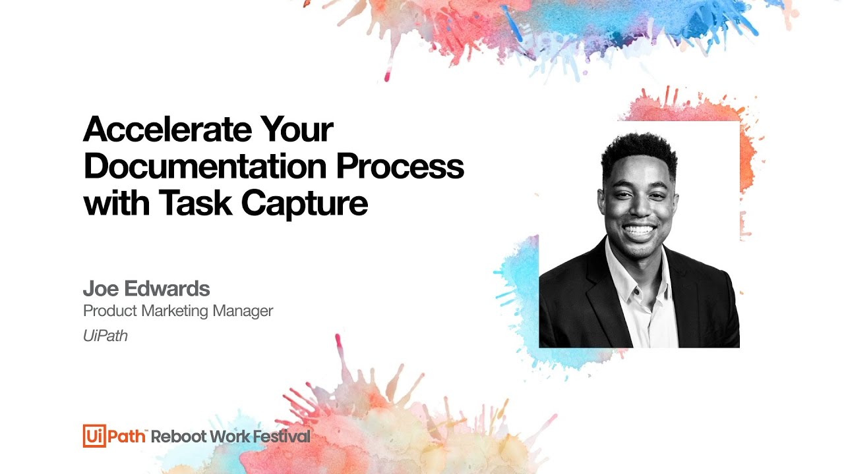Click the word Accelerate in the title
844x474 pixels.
pos(167,130)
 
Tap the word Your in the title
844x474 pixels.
pos(297,130)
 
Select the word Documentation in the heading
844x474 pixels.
pos(205,167)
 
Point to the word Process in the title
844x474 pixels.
pos(400,167)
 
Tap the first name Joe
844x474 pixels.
pos(101,288)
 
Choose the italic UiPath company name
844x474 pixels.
pos(105,336)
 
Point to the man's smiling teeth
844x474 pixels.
pos(639,230)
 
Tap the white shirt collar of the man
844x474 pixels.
pos(623,270)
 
